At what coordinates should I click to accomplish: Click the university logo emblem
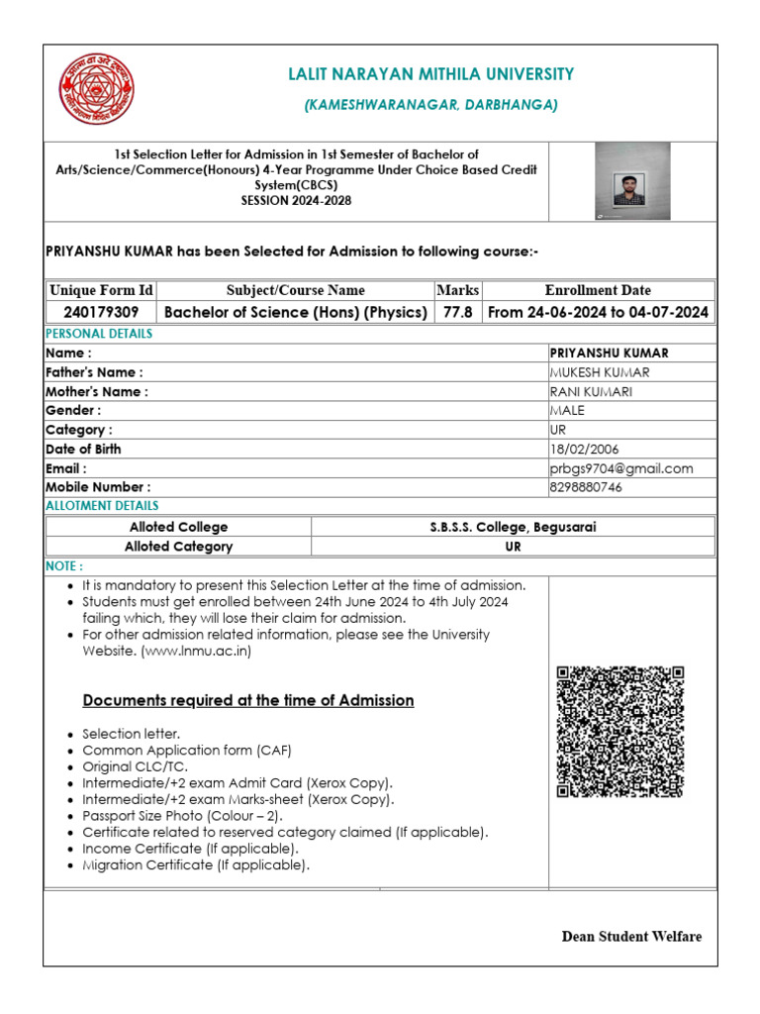(x=96, y=89)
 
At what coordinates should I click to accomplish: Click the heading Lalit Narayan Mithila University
(x=430, y=74)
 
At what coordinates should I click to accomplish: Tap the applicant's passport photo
(x=630, y=180)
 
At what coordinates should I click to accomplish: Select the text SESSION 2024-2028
(x=296, y=199)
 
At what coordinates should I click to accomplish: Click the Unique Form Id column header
(x=102, y=290)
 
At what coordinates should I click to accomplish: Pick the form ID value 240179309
(x=102, y=312)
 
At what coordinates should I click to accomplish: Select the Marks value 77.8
(x=457, y=312)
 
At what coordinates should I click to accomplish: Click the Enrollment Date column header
(x=598, y=290)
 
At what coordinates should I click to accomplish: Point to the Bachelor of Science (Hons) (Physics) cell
(x=296, y=312)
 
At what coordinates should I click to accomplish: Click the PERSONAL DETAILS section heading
(x=99, y=334)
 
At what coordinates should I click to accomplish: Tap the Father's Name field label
(x=94, y=372)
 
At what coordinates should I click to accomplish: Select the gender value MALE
(x=567, y=410)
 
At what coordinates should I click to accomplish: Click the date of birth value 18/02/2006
(x=584, y=449)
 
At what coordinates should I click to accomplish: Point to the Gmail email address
(x=620, y=468)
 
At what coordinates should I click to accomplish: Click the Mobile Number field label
(x=98, y=487)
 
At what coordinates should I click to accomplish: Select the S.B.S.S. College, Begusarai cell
(x=513, y=527)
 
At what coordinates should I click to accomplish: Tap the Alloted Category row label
(x=179, y=547)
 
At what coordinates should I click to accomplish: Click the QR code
(x=619, y=732)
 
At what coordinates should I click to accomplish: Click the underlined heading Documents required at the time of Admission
(x=247, y=700)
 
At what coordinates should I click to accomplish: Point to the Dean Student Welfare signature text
(x=631, y=937)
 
